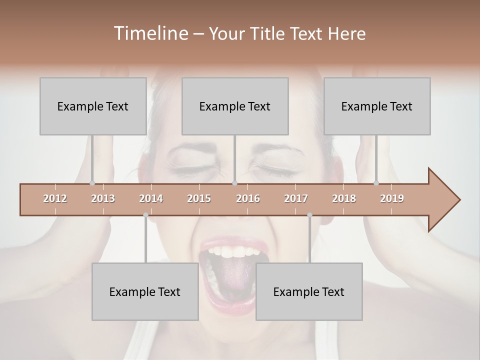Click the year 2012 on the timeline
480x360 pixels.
coord(55,198)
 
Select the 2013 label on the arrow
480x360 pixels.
coord(103,198)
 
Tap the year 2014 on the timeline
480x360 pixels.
coord(151,198)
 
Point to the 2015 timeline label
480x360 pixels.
coord(199,198)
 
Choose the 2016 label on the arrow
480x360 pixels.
coord(248,198)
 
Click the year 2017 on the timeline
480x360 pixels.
coord(296,198)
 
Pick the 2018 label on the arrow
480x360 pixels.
coord(344,198)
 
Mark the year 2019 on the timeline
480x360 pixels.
coord(392,198)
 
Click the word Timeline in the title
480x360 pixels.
coord(150,33)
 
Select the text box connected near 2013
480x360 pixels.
coord(93,106)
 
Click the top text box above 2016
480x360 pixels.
coord(235,106)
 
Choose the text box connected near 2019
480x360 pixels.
coord(377,106)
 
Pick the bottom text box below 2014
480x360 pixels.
coord(145,291)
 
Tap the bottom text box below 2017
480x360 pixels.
coord(309,291)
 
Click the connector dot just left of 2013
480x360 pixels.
coord(92,183)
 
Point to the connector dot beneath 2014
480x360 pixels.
coord(145,215)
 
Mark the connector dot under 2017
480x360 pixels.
coord(309,215)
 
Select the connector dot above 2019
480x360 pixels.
coord(376,183)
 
